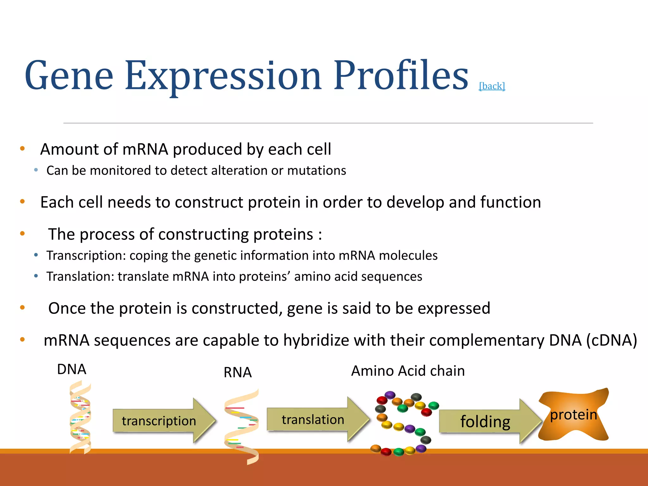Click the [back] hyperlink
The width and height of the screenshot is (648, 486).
[492, 86]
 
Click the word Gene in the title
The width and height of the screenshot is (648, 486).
[69, 76]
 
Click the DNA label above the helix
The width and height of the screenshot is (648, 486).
[72, 369]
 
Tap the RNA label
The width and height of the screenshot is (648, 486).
[237, 372]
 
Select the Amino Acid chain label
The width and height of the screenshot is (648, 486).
[408, 371]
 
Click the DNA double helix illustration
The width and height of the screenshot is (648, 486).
[80, 418]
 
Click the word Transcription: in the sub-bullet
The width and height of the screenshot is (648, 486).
[86, 256]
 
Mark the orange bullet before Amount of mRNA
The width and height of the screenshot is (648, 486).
[22, 148]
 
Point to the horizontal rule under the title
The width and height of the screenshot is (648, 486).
[328, 123]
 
